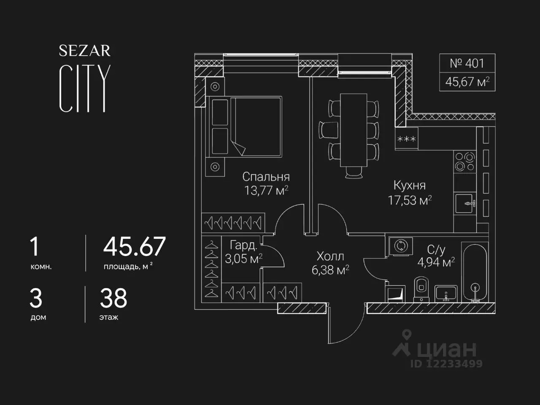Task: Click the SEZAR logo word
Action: pos(85,51)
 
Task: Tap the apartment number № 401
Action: pos(467,63)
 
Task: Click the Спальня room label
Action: pos(266,177)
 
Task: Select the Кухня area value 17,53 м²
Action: pos(410,200)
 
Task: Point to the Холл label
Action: pos(330,256)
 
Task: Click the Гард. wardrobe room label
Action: pos(243,246)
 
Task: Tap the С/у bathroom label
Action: pos(436,250)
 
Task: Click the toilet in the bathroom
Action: pos(421,289)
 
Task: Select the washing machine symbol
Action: pos(401,246)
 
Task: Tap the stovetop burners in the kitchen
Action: pos(465,162)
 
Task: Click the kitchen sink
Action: pos(465,203)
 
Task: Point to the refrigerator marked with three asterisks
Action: pos(407,138)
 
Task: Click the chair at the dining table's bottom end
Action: pos(354,172)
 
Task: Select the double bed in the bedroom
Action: pos(244,127)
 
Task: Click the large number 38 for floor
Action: pos(113,298)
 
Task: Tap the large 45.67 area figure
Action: pos(134,246)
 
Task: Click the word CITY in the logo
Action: pos(85,89)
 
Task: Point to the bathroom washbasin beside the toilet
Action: pos(446,293)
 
